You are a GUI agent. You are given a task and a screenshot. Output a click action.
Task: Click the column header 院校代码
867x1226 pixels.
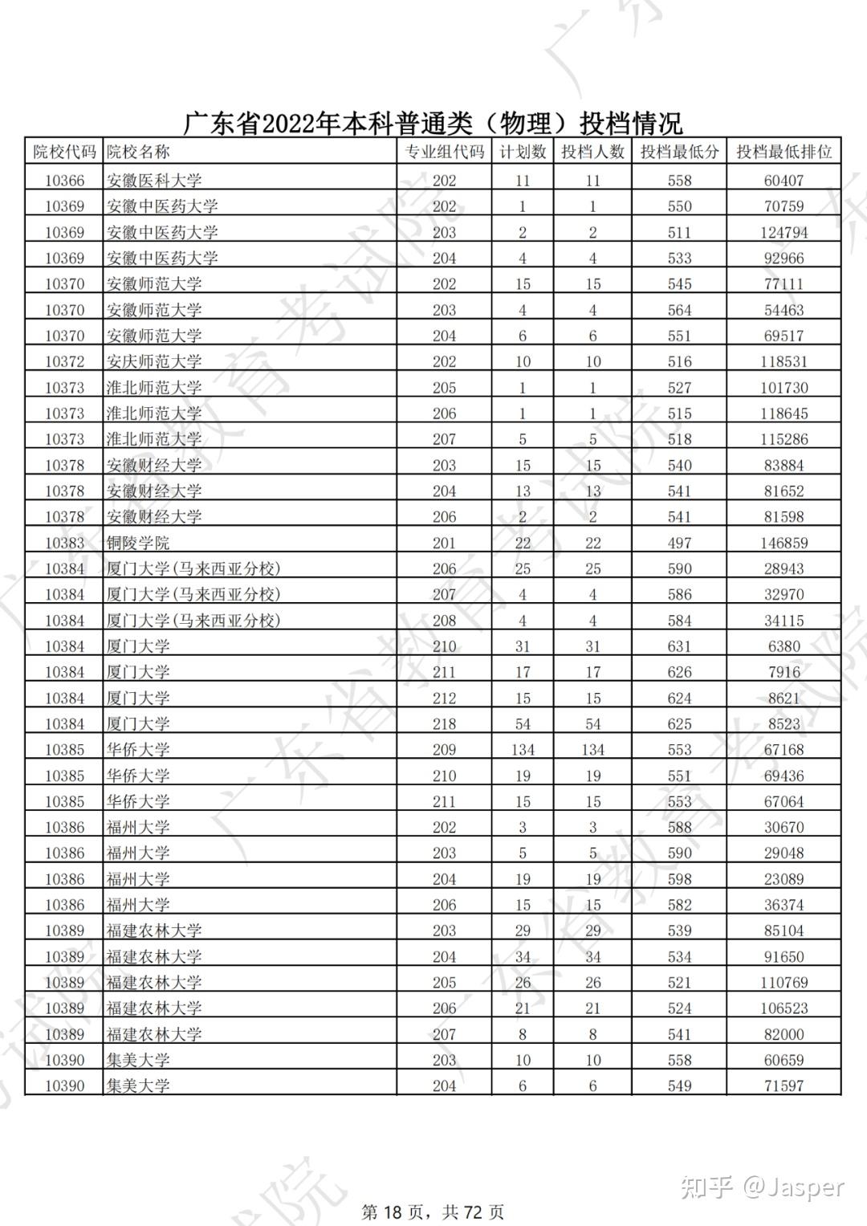(64, 152)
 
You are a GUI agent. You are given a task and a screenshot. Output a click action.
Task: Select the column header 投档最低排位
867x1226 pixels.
(784, 152)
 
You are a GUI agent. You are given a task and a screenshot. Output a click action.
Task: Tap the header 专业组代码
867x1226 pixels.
(444, 152)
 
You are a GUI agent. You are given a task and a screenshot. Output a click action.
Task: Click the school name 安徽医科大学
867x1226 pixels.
(154, 181)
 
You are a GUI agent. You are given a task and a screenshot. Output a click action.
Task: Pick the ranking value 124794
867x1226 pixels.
(784, 233)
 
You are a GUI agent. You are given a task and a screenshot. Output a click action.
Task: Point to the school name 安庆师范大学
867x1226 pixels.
(154, 362)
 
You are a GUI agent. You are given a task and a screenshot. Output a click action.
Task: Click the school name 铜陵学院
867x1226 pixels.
(138, 543)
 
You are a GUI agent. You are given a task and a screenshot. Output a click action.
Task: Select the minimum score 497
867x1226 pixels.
(679, 543)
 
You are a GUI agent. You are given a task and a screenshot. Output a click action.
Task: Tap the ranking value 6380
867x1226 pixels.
(784, 646)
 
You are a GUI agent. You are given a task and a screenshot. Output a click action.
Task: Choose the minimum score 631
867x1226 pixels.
(679, 646)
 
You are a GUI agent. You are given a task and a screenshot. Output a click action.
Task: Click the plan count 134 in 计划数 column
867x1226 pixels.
(523, 750)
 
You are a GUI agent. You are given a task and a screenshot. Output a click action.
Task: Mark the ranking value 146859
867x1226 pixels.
(784, 543)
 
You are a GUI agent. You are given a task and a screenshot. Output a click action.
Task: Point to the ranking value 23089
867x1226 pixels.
(784, 879)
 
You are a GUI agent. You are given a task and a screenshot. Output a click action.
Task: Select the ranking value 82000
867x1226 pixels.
(784, 1034)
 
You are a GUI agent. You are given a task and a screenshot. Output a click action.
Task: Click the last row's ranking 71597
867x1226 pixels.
(784, 1086)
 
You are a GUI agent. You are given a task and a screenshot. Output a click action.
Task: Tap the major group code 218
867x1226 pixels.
(444, 724)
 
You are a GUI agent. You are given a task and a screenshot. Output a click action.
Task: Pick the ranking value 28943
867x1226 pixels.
(784, 568)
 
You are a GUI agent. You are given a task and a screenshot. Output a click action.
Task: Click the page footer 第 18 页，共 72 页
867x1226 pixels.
(433, 1212)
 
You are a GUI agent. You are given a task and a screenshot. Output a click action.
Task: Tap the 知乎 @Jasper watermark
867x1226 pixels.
(763, 1187)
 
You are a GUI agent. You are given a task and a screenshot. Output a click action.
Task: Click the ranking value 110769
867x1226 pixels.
(784, 983)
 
